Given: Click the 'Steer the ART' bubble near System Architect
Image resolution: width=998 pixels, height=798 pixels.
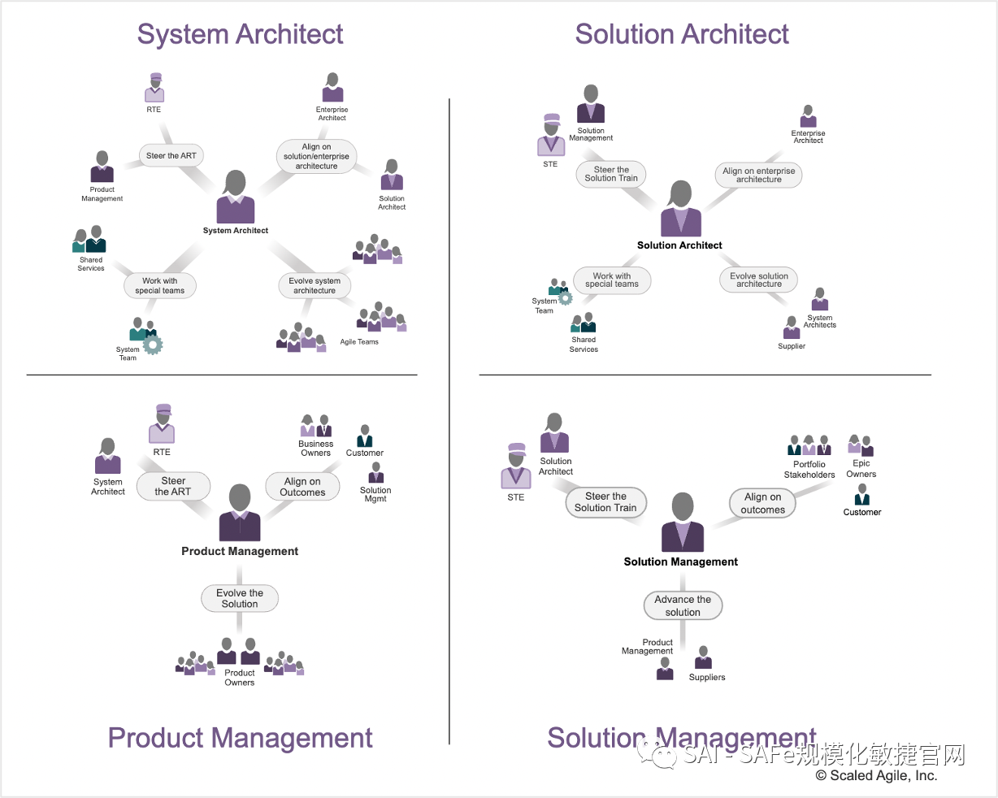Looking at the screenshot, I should coord(171,156).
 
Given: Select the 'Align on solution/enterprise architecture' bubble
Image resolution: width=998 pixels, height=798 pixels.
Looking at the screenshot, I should coord(316,157).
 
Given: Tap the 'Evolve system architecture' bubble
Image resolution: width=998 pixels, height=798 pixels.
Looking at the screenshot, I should coord(315,285).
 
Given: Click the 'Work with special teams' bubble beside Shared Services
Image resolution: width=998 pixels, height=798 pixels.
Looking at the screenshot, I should coord(160,286).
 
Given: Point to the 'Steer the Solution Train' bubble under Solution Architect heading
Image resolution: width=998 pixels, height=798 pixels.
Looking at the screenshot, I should coord(611,174).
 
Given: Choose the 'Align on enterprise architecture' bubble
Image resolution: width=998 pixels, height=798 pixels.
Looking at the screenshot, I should coord(758,175).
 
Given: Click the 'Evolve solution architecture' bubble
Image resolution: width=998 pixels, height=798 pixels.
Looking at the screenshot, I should coord(758,280).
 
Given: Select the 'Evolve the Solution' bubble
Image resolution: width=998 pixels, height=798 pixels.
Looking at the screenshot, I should coord(240,599).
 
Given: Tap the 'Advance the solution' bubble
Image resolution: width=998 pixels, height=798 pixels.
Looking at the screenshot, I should coord(683,605).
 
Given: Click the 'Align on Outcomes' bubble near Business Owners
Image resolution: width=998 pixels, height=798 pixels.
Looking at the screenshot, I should coord(302,487).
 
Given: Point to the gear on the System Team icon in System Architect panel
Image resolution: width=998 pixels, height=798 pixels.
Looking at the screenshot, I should coord(153,345).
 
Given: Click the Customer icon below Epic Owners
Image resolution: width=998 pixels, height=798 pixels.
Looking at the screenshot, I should coord(862,495).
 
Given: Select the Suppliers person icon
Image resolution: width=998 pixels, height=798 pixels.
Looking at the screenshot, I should coord(704,658).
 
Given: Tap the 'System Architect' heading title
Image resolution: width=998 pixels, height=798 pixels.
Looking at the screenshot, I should coord(240,34).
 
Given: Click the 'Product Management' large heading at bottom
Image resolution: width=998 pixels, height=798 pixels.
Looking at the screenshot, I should coord(240,738).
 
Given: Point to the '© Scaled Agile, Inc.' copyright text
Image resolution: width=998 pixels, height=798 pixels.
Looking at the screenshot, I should coord(876,776).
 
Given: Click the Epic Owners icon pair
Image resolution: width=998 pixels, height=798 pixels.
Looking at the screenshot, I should coord(861,445).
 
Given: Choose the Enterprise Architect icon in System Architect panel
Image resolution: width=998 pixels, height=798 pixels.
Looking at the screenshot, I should coord(332,88).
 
